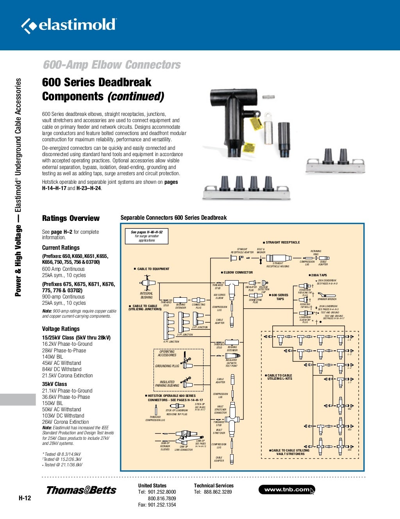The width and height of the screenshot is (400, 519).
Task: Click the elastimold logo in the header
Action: point(69,25)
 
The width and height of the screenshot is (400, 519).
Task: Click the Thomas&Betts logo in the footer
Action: point(81,490)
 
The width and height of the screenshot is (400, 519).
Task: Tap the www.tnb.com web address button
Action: point(286,489)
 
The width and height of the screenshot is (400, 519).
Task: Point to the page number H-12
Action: point(25,498)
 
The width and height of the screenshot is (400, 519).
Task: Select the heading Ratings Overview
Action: point(71,218)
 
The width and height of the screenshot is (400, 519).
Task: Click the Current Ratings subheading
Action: point(61,247)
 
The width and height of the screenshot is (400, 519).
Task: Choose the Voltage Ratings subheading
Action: point(61,329)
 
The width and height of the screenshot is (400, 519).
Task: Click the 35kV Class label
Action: point(54,384)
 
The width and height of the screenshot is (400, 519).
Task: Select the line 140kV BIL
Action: point(52,356)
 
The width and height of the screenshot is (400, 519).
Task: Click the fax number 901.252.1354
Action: point(162,505)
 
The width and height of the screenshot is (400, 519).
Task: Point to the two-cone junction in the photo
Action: point(336,161)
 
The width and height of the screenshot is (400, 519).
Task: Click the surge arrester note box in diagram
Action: point(147,236)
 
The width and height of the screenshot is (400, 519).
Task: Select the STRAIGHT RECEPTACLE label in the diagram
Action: point(282,242)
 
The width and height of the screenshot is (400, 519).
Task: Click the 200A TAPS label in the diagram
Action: point(319,275)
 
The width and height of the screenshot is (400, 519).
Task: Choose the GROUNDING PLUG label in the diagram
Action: point(167,366)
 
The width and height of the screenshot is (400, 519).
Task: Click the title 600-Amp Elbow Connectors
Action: point(112,65)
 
